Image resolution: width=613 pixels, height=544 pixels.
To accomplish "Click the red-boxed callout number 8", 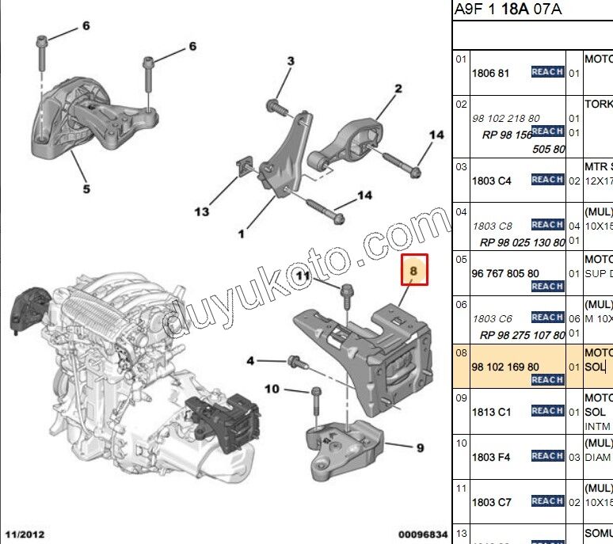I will point(414,270).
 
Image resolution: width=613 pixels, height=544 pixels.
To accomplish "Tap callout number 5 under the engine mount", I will point(86,188).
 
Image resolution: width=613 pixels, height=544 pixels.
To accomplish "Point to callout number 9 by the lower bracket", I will point(420,448).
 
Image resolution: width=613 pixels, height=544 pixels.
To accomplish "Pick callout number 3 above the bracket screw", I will point(291,62).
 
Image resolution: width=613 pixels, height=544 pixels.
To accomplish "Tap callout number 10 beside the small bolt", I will point(272,389).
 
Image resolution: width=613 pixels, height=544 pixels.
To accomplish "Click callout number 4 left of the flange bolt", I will point(250,361).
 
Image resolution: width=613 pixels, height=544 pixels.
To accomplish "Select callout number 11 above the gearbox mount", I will point(302,275).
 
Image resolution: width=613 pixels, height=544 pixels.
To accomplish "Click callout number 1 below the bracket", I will point(242,233).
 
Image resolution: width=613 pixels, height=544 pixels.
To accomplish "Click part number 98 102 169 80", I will point(505,367).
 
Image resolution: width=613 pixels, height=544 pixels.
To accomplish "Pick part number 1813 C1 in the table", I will point(491,412).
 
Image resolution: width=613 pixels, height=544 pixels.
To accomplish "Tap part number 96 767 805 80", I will point(505,273).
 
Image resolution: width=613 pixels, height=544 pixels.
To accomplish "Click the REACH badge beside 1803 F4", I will point(547,456).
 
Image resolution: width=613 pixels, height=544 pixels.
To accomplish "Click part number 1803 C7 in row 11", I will point(491,502).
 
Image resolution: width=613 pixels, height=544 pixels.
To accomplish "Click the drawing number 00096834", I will point(422,536).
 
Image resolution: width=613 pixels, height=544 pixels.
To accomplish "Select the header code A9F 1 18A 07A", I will point(508,10).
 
